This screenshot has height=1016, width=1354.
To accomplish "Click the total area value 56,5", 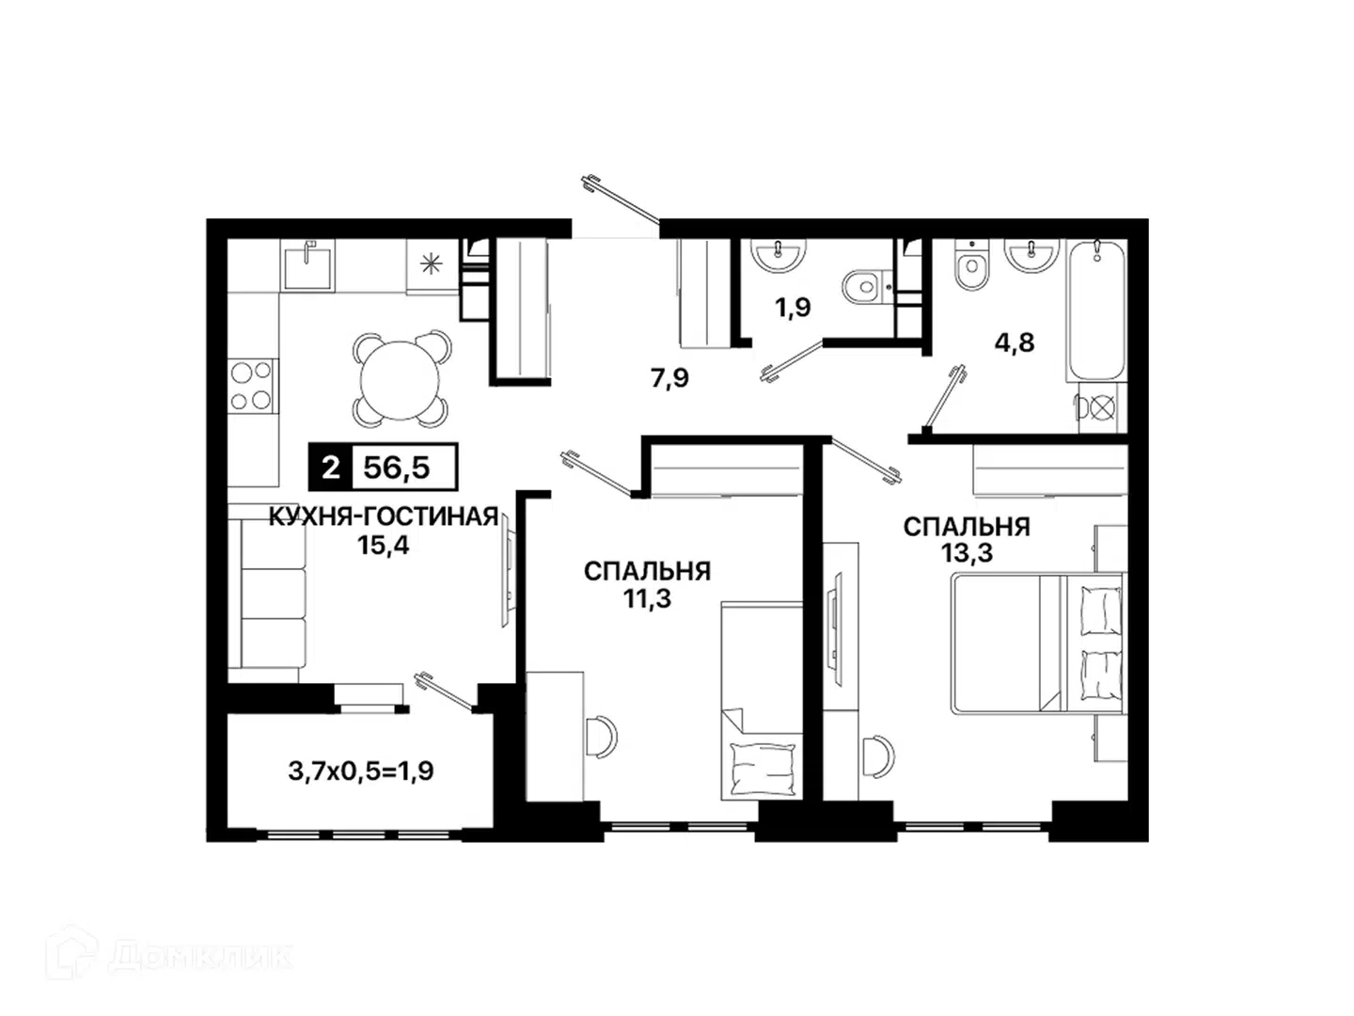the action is pyautogui.click(x=396, y=468).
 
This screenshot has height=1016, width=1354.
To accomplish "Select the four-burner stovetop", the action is pyautogui.click(x=252, y=386).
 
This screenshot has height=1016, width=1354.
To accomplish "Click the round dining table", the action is pyautogui.click(x=400, y=379).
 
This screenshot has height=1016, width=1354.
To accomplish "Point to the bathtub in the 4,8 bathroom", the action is pyautogui.click(x=1096, y=310).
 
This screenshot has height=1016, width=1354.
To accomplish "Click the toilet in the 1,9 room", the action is pyautogui.click(x=867, y=286).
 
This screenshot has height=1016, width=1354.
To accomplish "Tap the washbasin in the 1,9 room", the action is pyautogui.click(x=778, y=254).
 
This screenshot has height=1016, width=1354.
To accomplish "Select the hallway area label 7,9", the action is pyautogui.click(x=669, y=377).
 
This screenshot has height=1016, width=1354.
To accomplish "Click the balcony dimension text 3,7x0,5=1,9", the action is pyautogui.click(x=361, y=770).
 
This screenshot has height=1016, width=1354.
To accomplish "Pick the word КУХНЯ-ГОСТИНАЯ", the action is pyautogui.click(x=383, y=516).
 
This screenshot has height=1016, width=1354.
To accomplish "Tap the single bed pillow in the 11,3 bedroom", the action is pyautogui.click(x=762, y=769).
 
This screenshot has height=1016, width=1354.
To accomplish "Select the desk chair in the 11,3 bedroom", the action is pyautogui.click(x=602, y=736).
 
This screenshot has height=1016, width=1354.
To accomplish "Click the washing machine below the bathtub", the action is pyautogui.click(x=1102, y=407).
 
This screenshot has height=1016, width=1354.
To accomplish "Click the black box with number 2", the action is pyautogui.click(x=331, y=468).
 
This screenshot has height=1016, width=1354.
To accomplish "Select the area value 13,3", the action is pyautogui.click(x=967, y=553).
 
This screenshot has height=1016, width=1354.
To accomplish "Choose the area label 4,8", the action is pyautogui.click(x=1015, y=341).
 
